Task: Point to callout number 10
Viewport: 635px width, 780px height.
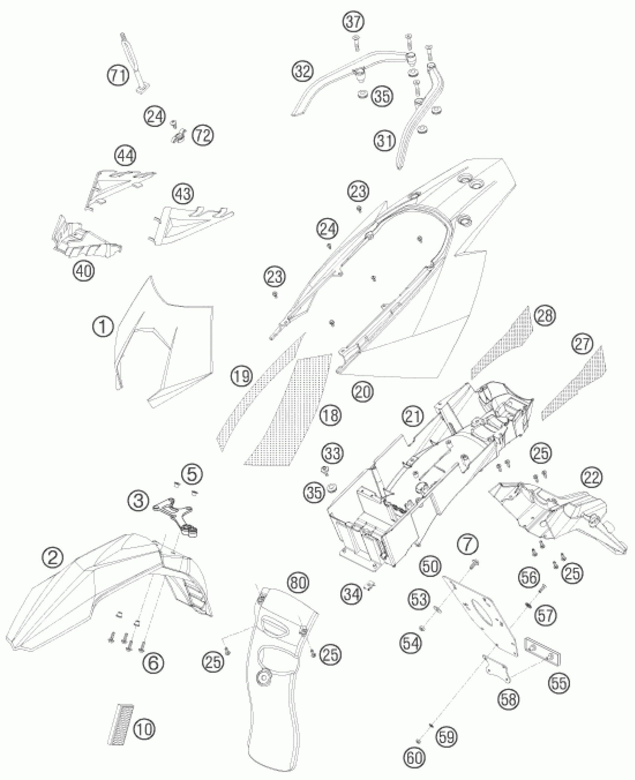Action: click(x=145, y=728)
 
